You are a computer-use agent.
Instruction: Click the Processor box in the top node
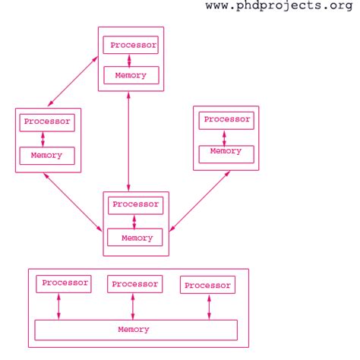[x=131, y=45]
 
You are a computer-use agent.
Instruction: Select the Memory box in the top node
[x=131, y=75]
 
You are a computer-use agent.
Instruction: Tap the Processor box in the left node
[x=47, y=121]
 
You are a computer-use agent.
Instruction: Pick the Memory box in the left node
[x=47, y=156]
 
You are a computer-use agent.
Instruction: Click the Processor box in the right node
[x=226, y=119]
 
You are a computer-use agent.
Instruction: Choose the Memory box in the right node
[x=226, y=151]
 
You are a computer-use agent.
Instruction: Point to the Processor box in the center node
[x=134, y=204]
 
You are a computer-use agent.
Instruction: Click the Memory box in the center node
[x=134, y=238]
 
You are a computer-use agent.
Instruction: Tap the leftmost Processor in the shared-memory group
[x=65, y=283]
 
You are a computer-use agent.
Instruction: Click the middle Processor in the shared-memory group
[x=134, y=284]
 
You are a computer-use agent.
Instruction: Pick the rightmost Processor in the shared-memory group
[x=207, y=286]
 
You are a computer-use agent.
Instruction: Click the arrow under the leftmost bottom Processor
[x=58, y=306]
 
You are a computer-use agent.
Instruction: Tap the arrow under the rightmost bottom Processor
[x=208, y=307]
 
